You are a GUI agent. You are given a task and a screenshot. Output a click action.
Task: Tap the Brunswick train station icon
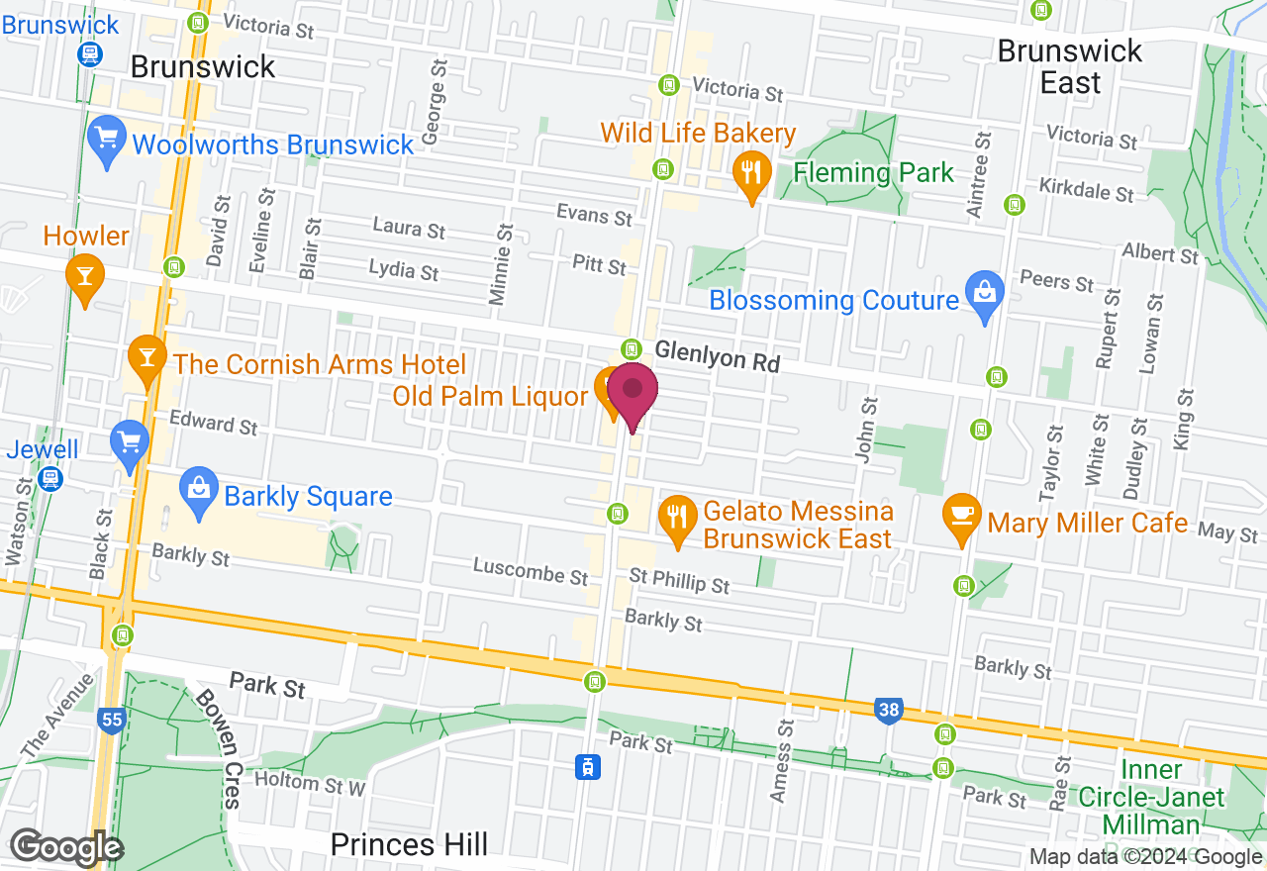click(90, 53)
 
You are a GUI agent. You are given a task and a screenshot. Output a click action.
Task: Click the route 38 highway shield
click(889, 710)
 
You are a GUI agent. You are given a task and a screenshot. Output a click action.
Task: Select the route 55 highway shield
click(111, 721)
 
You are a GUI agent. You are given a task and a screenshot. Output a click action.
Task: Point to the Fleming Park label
click(874, 172)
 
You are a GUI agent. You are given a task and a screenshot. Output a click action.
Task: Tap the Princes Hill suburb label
click(409, 844)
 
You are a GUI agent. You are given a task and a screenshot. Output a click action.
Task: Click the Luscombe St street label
click(531, 571)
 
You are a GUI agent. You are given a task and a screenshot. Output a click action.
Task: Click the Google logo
click(65, 847)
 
